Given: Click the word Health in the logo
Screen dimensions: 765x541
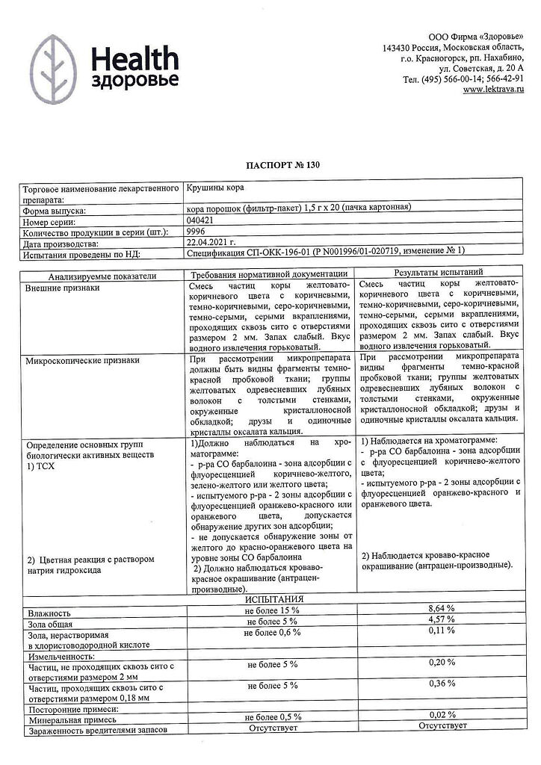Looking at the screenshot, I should point(135,58).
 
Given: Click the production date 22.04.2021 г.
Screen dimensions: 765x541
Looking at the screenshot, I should point(211,244).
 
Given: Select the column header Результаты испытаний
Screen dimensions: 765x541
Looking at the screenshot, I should point(447,274).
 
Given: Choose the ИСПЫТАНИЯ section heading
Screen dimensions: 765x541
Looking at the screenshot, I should point(271,599).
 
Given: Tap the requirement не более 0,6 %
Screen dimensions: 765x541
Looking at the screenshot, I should point(273,632).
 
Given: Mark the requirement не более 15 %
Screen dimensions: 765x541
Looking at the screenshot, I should point(273,610).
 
